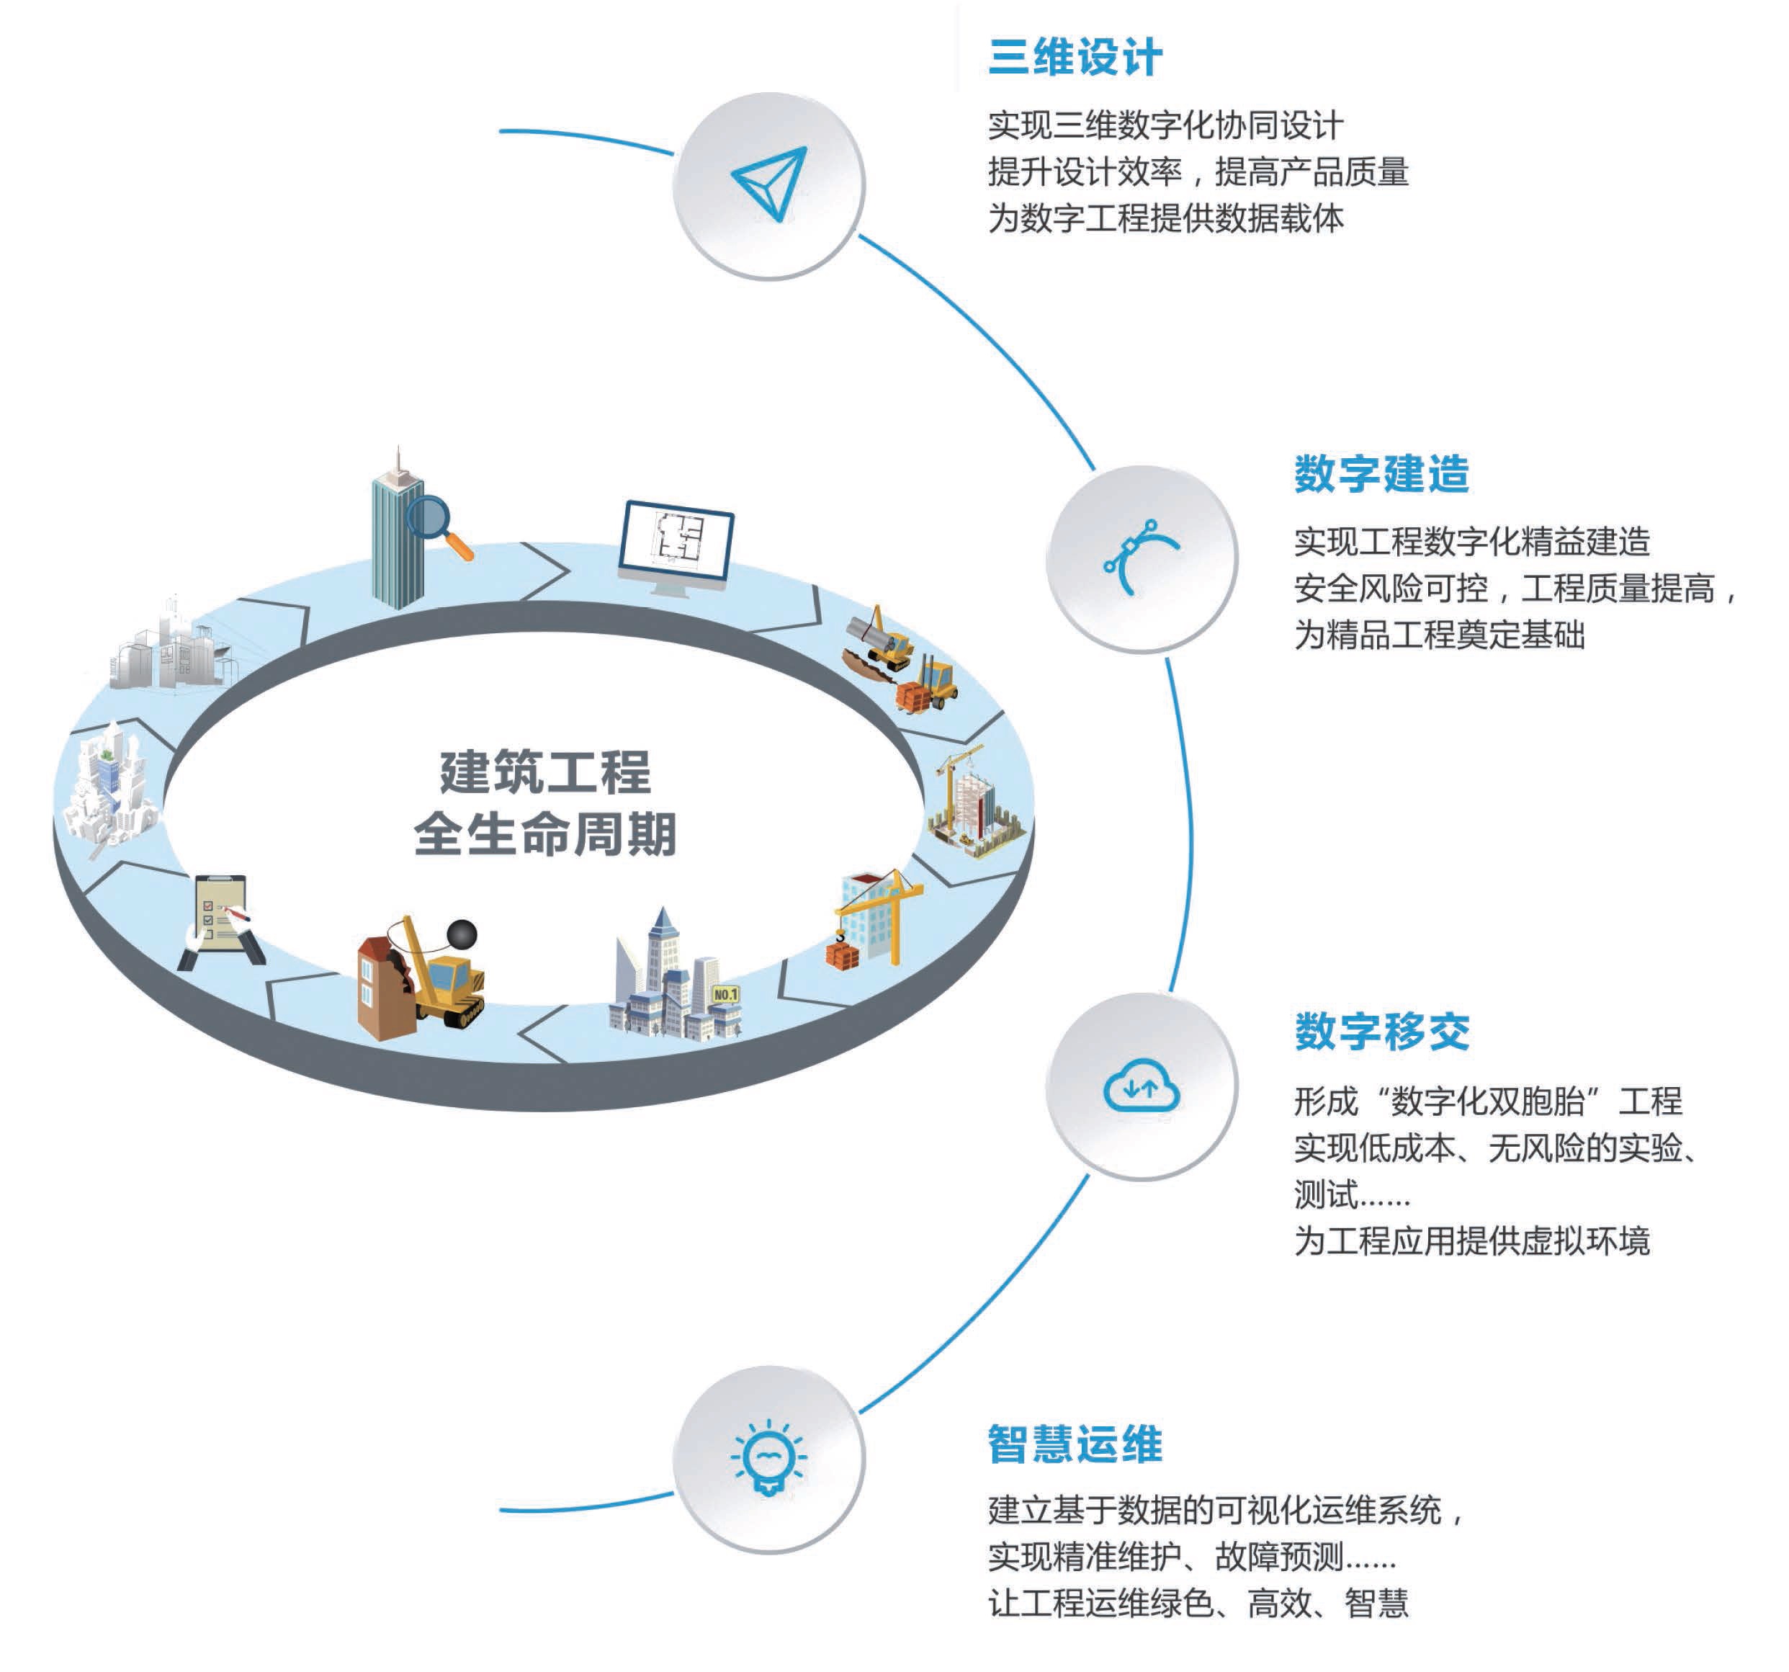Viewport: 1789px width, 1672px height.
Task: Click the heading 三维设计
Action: click(x=1075, y=58)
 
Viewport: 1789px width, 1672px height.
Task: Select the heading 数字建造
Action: click(x=1381, y=474)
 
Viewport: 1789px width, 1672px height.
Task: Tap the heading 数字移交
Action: click(x=1381, y=1032)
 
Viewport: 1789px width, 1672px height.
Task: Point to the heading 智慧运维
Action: click(x=1075, y=1444)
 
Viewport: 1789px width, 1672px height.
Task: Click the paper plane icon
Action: click(x=769, y=184)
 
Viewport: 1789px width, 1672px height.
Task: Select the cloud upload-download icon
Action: click(x=1141, y=1087)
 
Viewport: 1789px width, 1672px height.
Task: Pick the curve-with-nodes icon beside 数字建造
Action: click(x=1140, y=557)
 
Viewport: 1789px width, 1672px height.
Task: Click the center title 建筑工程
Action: click(x=545, y=772)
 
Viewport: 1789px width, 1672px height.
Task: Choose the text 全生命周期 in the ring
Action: click(x=545, y=834)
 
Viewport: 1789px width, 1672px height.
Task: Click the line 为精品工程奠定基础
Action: click(x=1439, y=635)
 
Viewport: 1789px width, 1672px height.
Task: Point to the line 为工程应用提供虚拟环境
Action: click(x=1471, y=1241)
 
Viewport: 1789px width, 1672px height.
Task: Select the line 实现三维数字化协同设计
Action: click(x=1165, y=125)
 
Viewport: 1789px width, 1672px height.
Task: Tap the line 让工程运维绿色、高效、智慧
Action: click(x=1198, y=1603)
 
